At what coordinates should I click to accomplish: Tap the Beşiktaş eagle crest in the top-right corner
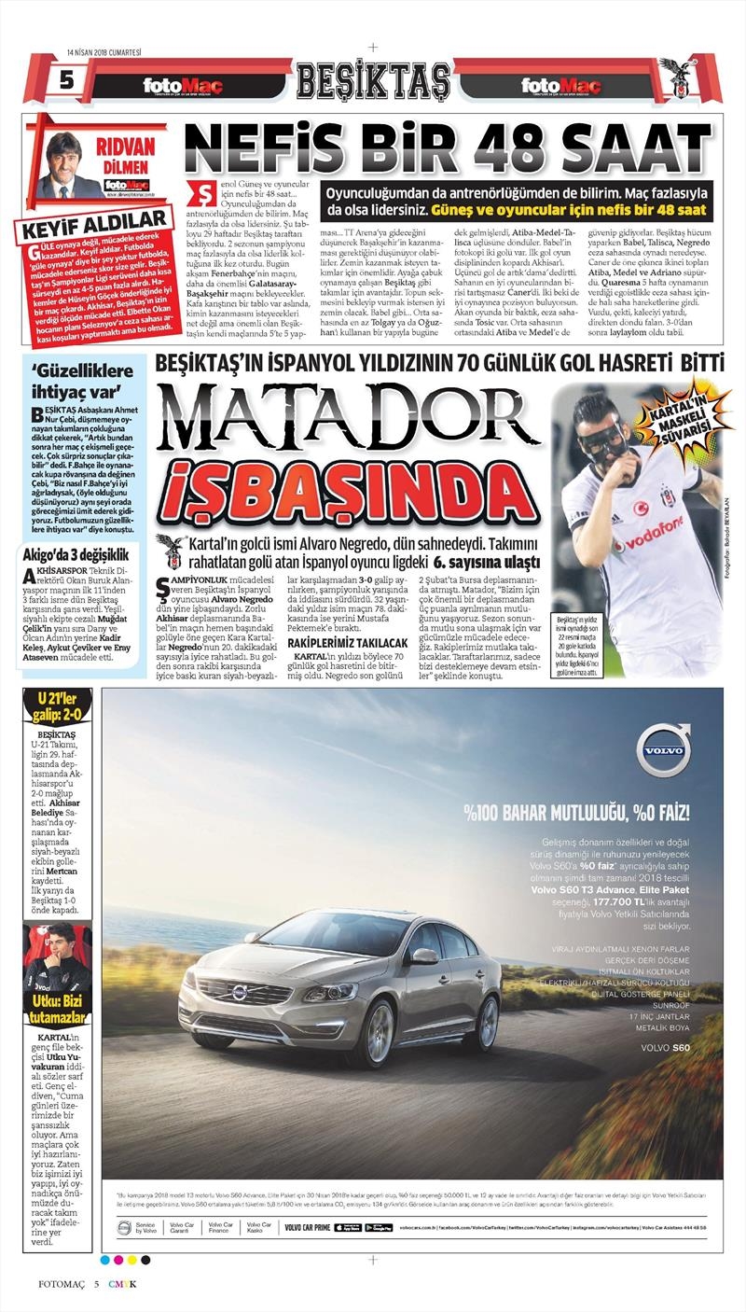click(x=678, y=77)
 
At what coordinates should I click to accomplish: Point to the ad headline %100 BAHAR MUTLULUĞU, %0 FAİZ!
click(x=586, y=811)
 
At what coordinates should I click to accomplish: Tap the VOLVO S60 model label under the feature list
click(x=665, y=1048)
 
